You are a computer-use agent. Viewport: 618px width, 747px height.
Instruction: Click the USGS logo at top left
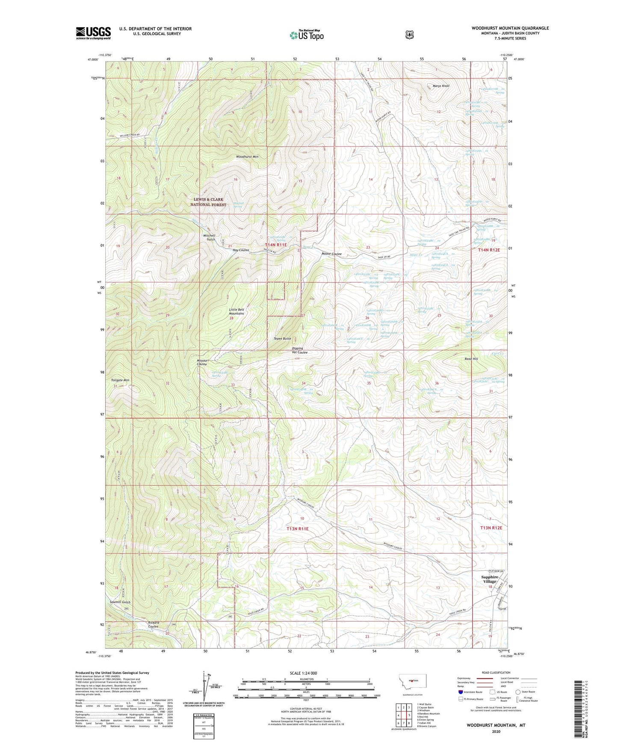point(93,33)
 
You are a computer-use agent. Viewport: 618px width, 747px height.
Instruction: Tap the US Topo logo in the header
point(306,35)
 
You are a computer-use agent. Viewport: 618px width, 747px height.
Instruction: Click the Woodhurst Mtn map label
point(247,157)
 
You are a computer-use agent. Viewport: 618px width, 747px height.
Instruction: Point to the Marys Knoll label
point(441,86)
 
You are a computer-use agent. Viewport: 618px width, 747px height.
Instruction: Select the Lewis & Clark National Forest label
point(210,202)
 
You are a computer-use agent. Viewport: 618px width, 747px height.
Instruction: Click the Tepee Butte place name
point(282,338)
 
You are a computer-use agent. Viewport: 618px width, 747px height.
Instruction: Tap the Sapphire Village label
point(490,579)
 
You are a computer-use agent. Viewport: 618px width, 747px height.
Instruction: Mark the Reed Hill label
point(471,359)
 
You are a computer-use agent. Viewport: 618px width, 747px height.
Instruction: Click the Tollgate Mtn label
point(120,380)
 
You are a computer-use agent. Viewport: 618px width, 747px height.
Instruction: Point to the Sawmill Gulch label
point(120,602)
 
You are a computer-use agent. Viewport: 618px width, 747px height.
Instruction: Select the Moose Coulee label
point(331,254)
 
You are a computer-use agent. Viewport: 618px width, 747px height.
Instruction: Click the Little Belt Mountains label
point(237,311)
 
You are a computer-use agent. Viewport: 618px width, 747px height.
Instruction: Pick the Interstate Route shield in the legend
point(460,692)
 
